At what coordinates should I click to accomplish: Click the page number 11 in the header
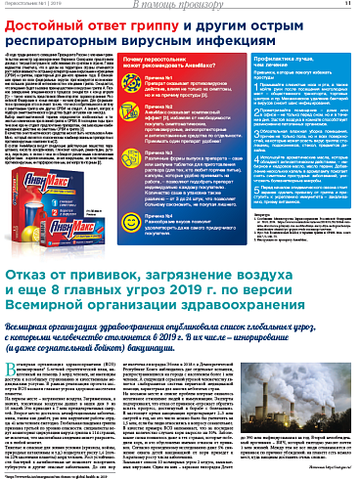coord(346,5)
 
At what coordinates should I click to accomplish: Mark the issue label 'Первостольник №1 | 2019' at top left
coord(30,5)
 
